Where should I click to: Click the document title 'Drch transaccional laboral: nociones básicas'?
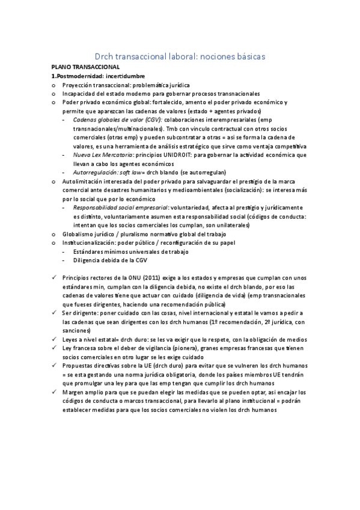(180, 55)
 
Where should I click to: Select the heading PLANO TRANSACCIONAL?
(85, 68)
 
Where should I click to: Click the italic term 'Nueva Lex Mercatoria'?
(99, 155)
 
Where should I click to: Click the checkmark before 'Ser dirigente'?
(55, 313)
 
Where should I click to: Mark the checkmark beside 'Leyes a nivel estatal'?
(55, 340)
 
